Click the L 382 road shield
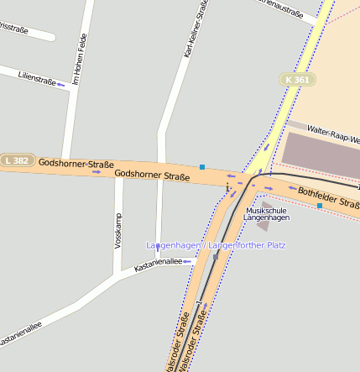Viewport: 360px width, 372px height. click(17, 160)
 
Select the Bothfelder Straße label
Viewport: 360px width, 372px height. click(328, 198)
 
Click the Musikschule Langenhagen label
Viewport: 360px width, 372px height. click(266, 213)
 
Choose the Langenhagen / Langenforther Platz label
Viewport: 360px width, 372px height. click(217, 245)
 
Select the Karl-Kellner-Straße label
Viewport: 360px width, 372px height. click(196, 29)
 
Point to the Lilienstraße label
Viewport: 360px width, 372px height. click(37, 79)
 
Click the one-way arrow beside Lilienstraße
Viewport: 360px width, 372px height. click(61, 85)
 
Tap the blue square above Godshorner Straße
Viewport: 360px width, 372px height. click(202, 166)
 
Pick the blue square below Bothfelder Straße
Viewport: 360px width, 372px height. click(319, 205)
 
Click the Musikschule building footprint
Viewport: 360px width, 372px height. click(263, 224)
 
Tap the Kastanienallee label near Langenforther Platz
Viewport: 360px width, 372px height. click(157, 262)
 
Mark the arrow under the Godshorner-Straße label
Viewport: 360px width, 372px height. click(97, 171)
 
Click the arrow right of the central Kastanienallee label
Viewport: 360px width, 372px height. click(189, 261)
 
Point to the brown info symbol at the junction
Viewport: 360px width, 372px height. click(227, 186)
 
